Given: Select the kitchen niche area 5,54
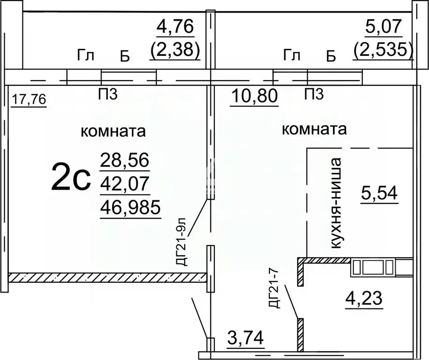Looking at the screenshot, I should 379,193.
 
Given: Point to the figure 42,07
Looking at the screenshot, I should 125,185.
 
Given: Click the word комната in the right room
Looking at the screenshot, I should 315,129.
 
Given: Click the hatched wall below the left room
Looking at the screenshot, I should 108,277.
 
